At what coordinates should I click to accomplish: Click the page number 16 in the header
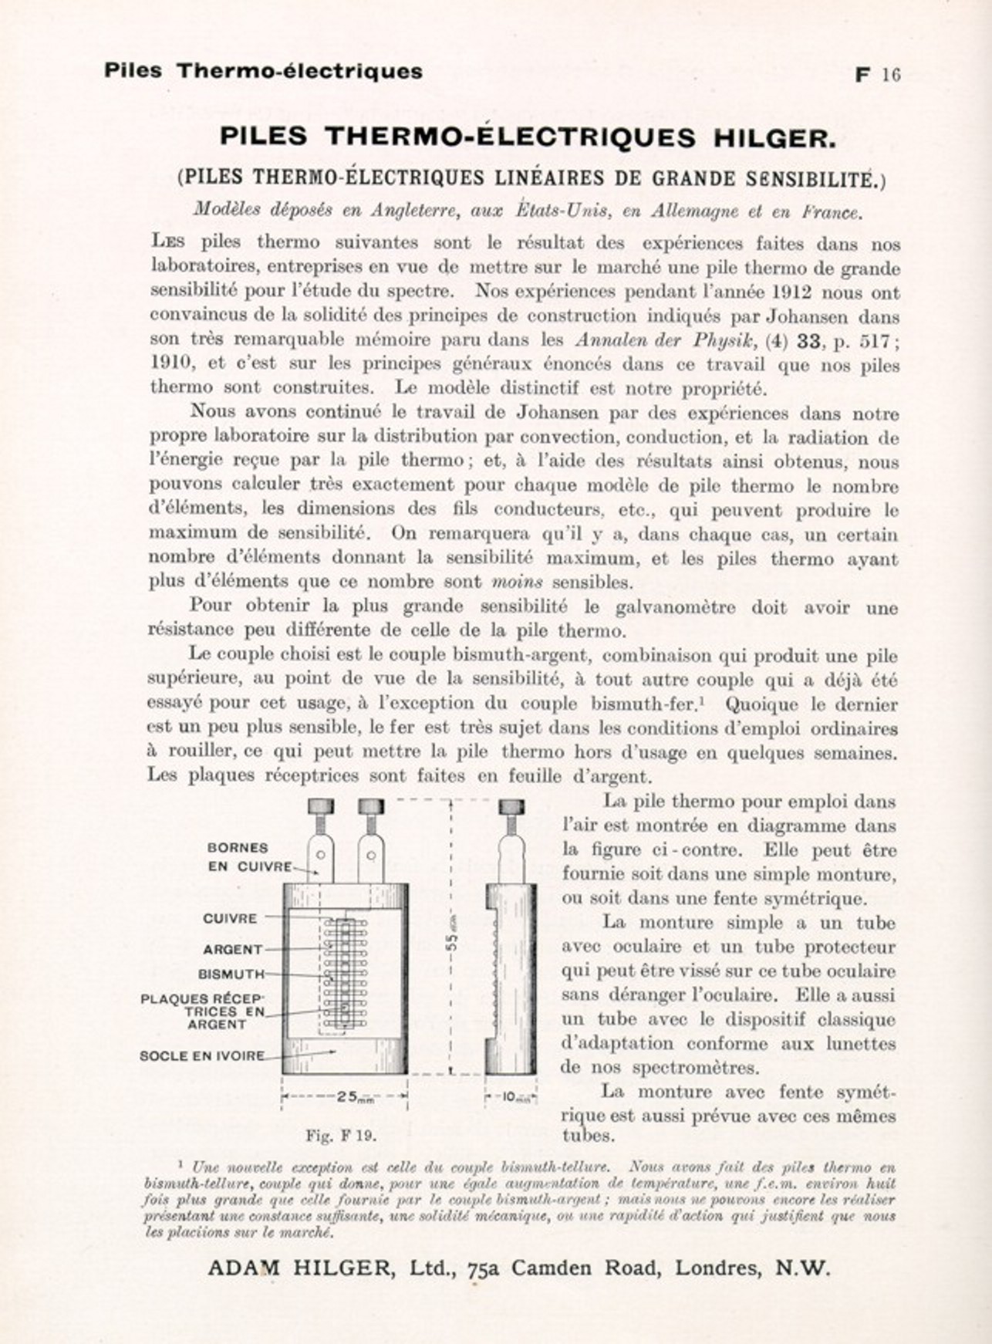[x=891, y=75]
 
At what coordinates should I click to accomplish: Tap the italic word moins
[x=516, y=582]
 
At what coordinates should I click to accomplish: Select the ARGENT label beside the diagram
[x=232, y=949]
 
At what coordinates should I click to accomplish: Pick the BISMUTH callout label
[x=231, y=974]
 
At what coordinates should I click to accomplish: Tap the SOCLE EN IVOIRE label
[x=201, y=1055]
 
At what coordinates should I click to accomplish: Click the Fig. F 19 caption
[x=340, y=1136]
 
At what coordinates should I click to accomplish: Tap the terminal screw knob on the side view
[x=511, y=808]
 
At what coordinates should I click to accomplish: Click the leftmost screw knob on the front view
[x=321, y=807]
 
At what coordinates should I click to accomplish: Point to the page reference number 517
[x=874, y=340]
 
